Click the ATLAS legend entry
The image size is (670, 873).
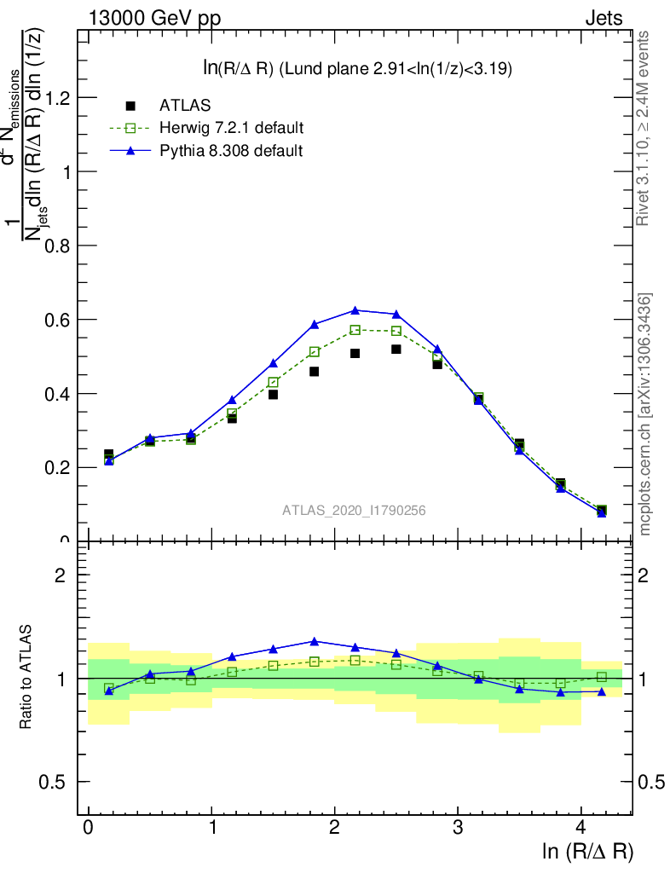[x=183, y=106]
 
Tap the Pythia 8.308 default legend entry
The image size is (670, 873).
[x=231, y=151]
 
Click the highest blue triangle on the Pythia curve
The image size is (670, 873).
[x=355, y=310]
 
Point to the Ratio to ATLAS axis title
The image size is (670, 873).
[x=27, y=678]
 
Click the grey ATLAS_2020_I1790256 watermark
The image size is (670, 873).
[x=355, y=511]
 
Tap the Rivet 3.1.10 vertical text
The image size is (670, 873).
[x=644, y=128]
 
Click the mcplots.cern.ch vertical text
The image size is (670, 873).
[x=645, y=413]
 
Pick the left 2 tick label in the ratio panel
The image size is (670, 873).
[x=61, y=575]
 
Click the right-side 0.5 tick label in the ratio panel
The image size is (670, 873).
[x=654, y=782]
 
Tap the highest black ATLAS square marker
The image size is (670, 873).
[x=396, y=350]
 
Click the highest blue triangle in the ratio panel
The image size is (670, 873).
[x=315, y=641]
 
